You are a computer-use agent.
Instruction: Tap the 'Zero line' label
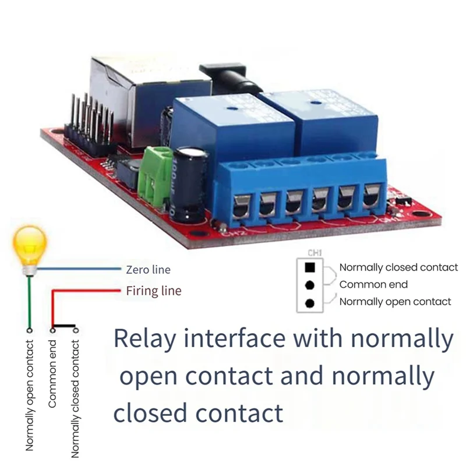click(148, 270)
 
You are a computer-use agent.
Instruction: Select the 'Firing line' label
click(154, 291)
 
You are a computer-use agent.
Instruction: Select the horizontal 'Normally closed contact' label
click(398, 267)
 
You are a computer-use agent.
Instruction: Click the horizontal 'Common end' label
click(373, 285)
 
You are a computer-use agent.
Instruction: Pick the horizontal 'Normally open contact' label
click(395, 302)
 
